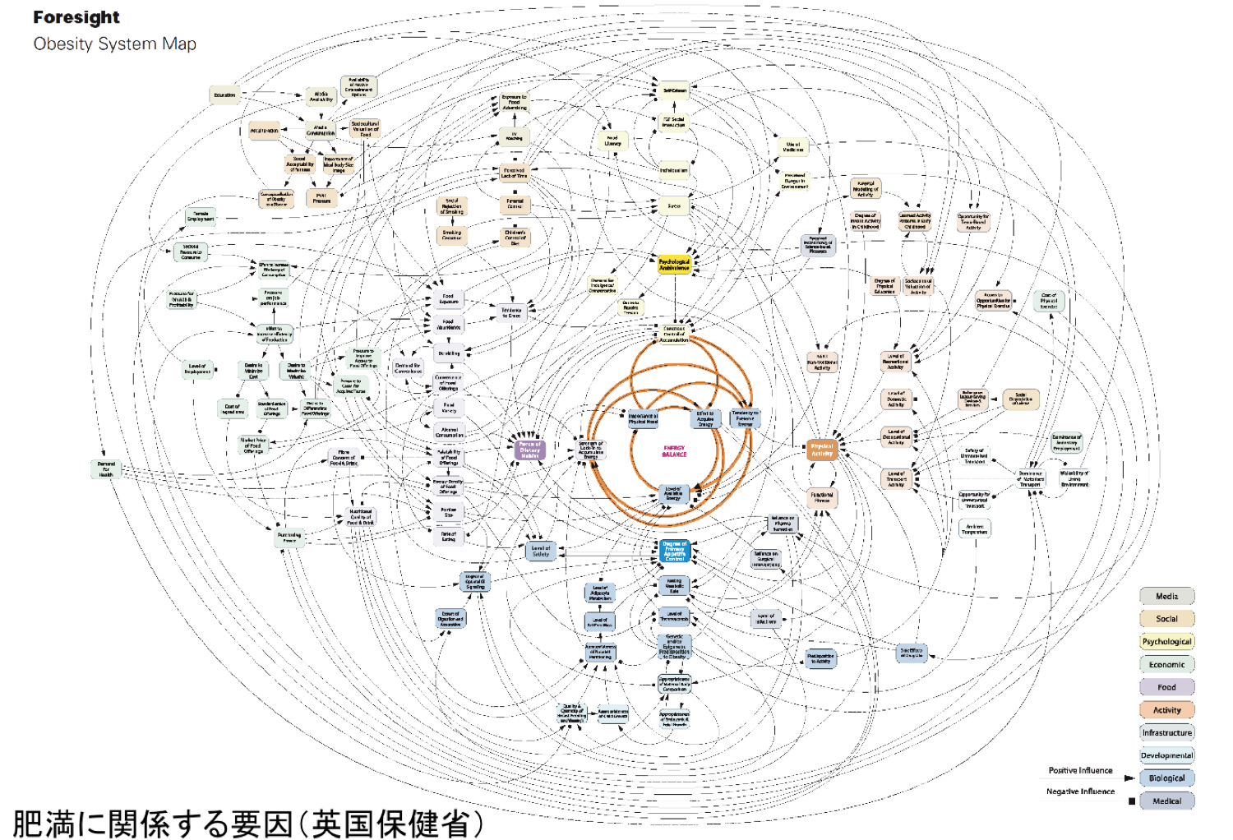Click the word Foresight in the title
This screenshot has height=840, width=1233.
tap(76, 17)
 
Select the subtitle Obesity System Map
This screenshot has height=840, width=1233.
tap(114, 44)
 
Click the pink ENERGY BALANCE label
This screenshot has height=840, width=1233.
tap(674, 451)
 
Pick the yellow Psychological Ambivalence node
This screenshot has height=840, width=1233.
tap(674, 265)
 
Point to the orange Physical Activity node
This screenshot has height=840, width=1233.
tap(822, 450)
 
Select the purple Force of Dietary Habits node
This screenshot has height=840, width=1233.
tap(529, 450)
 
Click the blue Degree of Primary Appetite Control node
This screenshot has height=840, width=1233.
tap(674, 551)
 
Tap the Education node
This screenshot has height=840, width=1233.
tap(224, 95)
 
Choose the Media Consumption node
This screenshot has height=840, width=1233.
tap(320, 130)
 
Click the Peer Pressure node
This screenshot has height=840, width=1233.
tap(321, 197)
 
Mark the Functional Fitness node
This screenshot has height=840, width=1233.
tap(822, 497)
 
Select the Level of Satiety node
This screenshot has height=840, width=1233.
tap(540, 551)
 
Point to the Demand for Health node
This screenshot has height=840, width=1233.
tap(106, 469)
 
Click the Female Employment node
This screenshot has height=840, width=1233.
tap(201, 216)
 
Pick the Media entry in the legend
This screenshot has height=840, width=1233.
tap(1166, 596)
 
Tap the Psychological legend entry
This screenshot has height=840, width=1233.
tap(1166, 641)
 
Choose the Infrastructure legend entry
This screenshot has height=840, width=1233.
tap(1166, 732)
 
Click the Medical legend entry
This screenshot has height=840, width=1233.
tap(1166, 801)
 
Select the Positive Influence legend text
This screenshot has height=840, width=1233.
tap(1080, 770)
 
